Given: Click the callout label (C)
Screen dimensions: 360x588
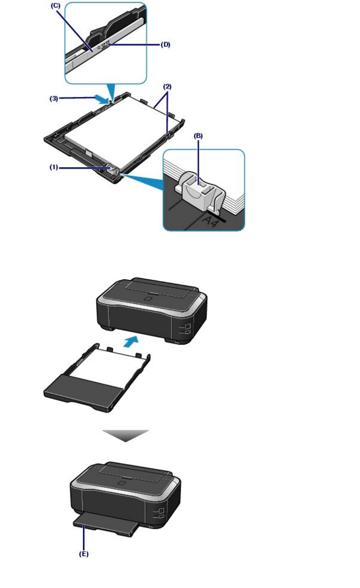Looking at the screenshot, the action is [55, 6].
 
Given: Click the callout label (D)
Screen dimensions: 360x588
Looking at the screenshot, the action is [166, 45].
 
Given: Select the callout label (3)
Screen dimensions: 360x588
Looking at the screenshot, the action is [54, 99].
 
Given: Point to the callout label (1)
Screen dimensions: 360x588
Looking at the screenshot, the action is [54, 167].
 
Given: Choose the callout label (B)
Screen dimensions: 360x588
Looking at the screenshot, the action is [198, 136].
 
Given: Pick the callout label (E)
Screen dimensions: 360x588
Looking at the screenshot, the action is [83, 554].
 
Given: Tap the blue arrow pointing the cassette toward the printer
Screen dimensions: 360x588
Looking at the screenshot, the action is [131, 341].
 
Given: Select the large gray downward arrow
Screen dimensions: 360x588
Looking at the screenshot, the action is [125, 435].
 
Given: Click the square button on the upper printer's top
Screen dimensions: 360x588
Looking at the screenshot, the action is [147, 298].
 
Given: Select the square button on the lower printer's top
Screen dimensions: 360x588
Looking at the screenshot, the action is [121, 483].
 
